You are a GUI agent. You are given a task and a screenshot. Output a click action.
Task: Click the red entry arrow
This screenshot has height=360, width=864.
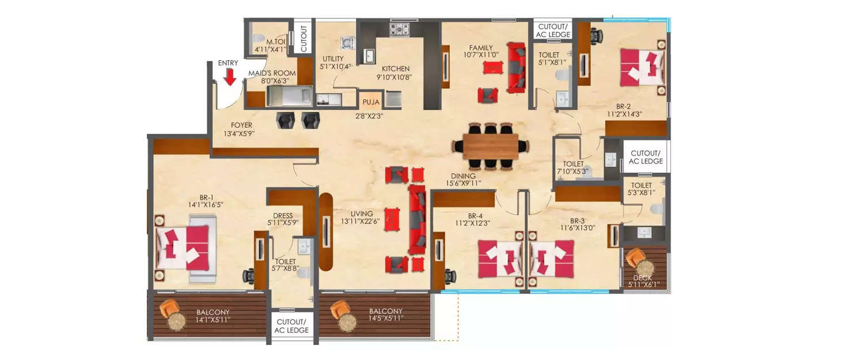(230, 77)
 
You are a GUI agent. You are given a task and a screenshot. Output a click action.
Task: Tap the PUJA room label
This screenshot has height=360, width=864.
(370, 103)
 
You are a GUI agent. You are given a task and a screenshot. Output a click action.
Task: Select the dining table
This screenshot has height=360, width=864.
(490, 146)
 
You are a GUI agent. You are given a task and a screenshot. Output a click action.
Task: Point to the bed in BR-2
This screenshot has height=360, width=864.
(642, 66)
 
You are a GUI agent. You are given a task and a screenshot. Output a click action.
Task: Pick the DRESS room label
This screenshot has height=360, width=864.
(283, 216)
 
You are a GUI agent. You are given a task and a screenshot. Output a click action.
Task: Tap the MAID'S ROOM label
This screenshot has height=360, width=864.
(272, 73)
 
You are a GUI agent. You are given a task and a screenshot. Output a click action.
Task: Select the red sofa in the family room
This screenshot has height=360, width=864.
(516, 67)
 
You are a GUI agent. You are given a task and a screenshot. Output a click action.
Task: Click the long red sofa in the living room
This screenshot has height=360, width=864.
(417, 219)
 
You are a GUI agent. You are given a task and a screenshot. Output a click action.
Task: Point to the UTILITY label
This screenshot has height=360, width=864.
(333, 59)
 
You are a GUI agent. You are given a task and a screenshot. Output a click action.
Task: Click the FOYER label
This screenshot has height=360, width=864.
(241, 125)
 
